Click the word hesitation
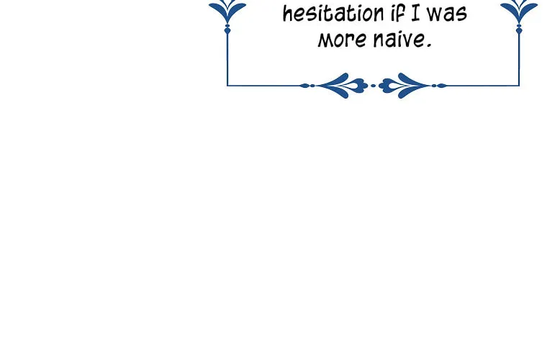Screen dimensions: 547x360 coord(333,13)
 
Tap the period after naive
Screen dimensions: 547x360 coord(429,45)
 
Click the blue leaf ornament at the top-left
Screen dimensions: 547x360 coord(227,11)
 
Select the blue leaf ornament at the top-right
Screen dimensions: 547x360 coord(519,11)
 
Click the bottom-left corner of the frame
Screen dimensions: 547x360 coord(227,86)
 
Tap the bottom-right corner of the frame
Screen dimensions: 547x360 coord(519,86)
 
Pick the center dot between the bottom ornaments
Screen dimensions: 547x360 coord(374,86)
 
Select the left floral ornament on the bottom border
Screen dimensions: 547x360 coord(343,86)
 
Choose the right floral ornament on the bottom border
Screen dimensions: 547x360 coord(404,86)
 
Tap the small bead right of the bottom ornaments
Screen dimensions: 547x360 coord(439,86)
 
